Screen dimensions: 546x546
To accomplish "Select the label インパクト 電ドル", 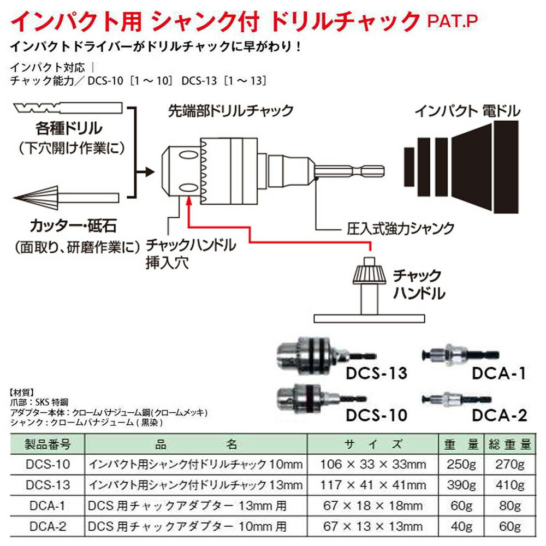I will (x=467, y=111).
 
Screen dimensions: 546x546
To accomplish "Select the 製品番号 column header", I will (x=47, y=444).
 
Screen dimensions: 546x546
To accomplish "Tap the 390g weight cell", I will (x=462, y=485).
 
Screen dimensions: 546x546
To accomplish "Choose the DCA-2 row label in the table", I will (x=47, y=526).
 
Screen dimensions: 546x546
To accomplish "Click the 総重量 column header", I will (x=509, y=444).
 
